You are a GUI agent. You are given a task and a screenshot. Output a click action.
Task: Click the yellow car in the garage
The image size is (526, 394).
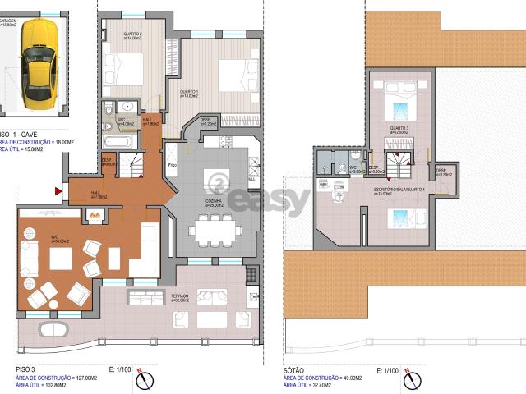37,66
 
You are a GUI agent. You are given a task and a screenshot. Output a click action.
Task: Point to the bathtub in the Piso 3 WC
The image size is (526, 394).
119,141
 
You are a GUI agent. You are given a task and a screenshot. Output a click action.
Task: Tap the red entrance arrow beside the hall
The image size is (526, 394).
58,190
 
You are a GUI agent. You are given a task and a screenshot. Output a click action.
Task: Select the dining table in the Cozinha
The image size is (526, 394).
215,229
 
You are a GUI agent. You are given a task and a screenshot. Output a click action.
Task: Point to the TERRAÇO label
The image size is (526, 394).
180,295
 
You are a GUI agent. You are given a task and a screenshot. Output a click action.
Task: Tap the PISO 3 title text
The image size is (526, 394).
27,370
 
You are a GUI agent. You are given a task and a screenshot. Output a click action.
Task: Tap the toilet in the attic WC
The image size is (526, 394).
342,167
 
